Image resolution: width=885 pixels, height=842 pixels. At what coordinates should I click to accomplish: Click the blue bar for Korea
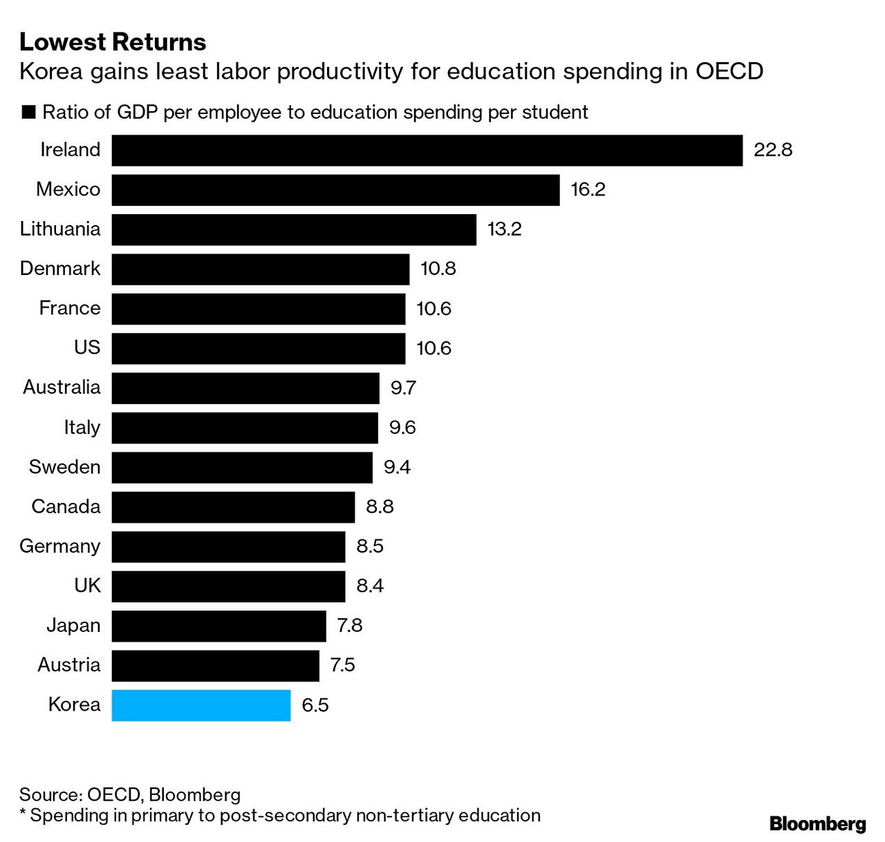(201, 705)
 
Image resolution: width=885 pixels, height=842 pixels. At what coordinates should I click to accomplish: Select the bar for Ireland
(427, 151)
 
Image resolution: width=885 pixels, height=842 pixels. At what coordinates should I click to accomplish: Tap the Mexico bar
(335, 190)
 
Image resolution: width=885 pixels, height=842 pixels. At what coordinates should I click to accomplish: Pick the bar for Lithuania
(294, 229)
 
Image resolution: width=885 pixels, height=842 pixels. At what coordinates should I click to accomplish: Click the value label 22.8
(772, 150)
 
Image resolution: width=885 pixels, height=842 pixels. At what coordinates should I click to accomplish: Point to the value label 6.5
(315, 705)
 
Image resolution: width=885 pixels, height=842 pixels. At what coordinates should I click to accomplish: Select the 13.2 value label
(504, 229)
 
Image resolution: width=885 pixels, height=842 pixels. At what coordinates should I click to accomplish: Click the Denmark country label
(60, 269)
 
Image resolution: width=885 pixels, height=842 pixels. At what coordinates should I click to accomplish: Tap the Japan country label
(73, 626)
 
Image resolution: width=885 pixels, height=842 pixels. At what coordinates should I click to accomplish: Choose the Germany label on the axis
(60, 546)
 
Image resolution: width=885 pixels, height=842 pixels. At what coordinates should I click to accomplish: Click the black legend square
(28, 113)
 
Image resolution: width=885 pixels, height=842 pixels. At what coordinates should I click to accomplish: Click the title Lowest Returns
(113, 42)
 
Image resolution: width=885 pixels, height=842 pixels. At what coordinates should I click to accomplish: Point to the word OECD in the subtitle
(729, 72)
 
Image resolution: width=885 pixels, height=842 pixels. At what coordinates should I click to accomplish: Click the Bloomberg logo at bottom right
(817, 823)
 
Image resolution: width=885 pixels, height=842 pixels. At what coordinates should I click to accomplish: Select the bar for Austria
(215, 666)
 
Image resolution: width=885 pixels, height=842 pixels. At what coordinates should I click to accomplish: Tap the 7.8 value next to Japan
(349, 626)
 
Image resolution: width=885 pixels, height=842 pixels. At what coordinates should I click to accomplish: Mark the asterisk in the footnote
(23, 813)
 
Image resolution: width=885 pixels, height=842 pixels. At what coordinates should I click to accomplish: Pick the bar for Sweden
(242, 468)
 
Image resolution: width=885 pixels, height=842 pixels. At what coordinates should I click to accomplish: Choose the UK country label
(87, 586)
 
